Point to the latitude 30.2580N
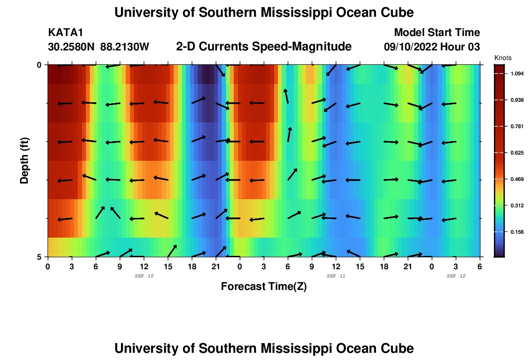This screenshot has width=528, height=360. point(72,47)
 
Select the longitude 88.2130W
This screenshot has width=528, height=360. point(125,47)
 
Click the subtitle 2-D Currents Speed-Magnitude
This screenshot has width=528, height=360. point(264,47)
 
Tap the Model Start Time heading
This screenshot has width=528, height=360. point(437,33)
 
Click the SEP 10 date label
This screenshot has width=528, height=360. point(144,276)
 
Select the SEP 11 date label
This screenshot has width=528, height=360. point(336,276)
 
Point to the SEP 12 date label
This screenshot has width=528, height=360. point(456,276)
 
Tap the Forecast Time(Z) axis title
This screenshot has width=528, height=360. point(264,287)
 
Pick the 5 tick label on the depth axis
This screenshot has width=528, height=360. point(39,257)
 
